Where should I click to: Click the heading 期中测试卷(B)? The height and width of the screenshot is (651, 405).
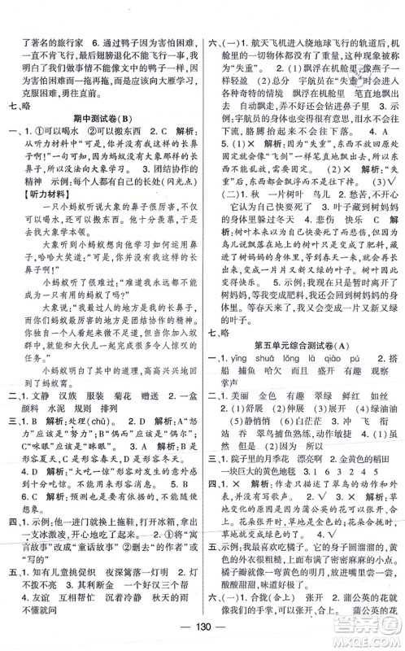pyautogui.click(x=102, y=120)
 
